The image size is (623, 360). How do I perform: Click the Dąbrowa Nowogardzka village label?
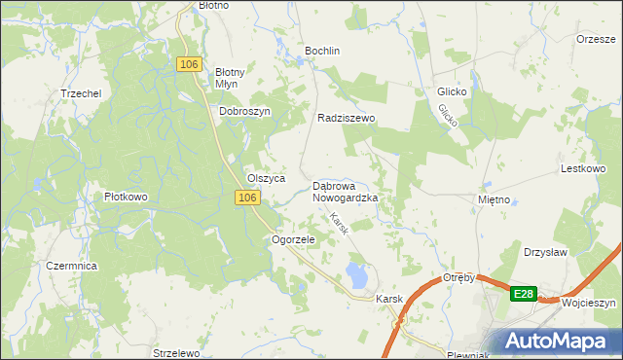pyautogui.click(x=345, y=191)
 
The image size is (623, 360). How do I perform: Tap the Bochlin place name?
pyautogui.click(x=322, y=50)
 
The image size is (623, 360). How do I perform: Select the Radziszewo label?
pyautogui.click(x=347, y=118)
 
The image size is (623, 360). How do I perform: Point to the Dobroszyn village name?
pyautogui.click(x=243, y=111)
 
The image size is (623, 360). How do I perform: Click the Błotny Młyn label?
pyautogui.click(x=234, y=77)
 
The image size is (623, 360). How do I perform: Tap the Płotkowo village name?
pyautogui.click(x=126, y=197)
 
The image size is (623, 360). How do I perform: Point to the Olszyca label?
pyautogui.click(x=266, y=179)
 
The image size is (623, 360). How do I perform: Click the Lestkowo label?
pyautogui.click(x=584, y=167)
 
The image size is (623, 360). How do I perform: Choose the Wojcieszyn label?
pyautogui.click(x=589, y=303)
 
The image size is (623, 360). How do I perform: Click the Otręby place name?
pyautogui.click(x=458, y=277)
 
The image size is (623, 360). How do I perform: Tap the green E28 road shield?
pyautogui.click(x=524, y=293)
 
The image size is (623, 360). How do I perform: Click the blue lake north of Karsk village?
pyautogui.click(x=356, y=275)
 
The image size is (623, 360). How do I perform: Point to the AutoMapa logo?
pyautogui.click(x=559, y=341)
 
